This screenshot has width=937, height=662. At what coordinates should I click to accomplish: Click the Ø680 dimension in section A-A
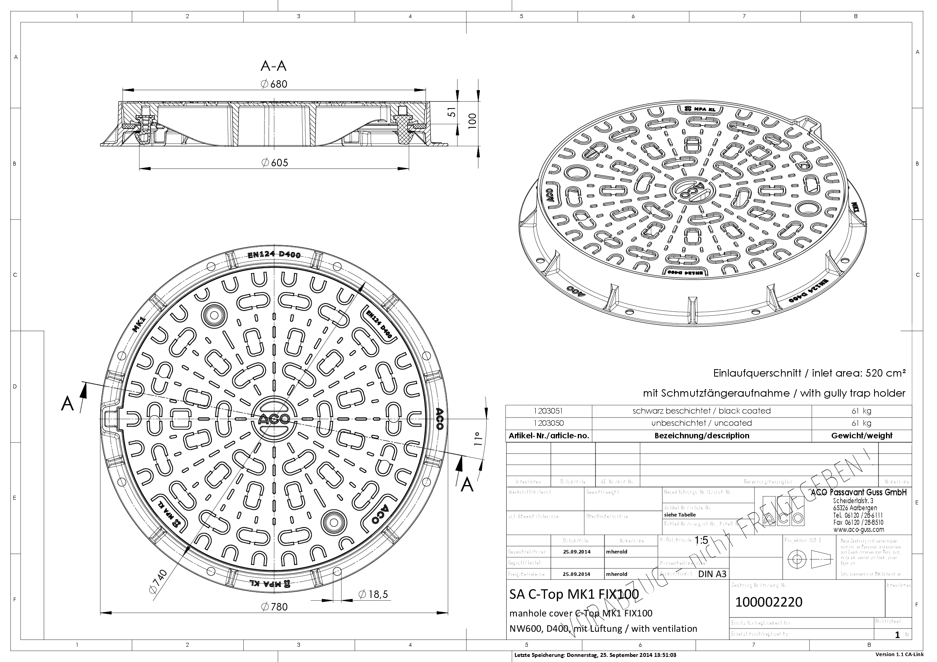coord(274,84)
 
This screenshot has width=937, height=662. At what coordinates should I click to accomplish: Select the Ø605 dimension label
coord(275,163)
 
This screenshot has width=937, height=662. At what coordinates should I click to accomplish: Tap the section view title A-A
coord(274,66)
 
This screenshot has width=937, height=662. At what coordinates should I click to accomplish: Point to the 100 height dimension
coord(472,121)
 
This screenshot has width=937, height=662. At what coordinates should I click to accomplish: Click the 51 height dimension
coord(451,113)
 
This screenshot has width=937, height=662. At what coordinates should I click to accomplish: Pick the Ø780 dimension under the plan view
coord(275,607)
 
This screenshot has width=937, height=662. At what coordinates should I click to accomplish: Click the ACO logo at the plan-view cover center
coord(274,419)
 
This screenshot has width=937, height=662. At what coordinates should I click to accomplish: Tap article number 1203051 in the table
coord(548,411)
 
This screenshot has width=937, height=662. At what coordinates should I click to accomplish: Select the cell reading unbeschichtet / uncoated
coord(702,423)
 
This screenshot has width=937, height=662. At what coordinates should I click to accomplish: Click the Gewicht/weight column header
coord(862,436)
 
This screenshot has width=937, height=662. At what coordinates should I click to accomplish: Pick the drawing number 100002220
coord(768,602)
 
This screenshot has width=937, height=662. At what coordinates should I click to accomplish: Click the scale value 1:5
coord(701,541)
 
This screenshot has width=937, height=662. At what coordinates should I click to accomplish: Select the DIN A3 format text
coord(713,574)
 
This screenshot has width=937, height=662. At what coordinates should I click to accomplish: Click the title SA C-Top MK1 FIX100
coord(574,594)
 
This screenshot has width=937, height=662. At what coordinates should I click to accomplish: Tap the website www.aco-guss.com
coord(859,530)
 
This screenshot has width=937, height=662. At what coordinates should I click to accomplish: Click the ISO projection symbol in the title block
coord(810,559)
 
